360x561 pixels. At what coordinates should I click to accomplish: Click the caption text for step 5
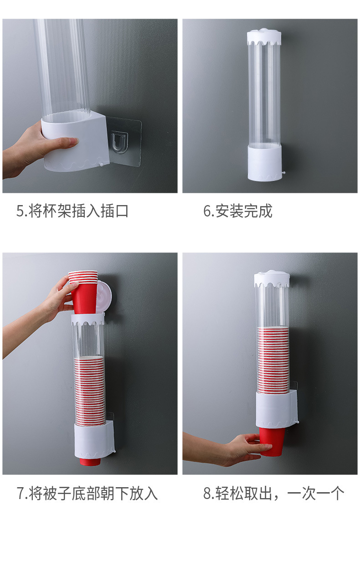tap(72, 211)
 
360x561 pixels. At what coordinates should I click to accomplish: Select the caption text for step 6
tap(237, 211)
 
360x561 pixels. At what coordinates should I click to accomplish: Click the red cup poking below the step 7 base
tap(90, 461)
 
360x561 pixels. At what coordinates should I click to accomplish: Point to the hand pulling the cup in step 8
tap(237, 449)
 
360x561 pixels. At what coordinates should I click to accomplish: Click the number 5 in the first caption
tap(20, 211)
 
